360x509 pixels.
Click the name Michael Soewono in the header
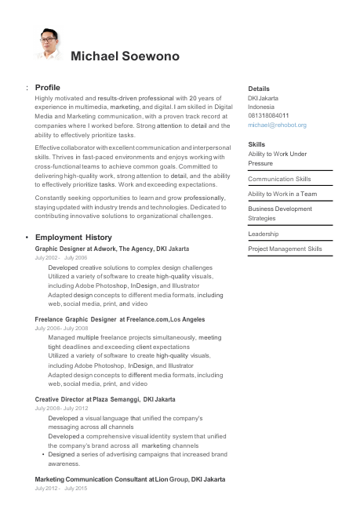[x=125, y=56]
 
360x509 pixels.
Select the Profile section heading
[x=48, y=87]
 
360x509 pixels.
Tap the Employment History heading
[x=74, y=237]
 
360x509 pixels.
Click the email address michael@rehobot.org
[x=277, y=125]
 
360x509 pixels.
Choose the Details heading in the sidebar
[x=259, y=89]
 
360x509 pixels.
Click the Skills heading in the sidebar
[x=256, y=144]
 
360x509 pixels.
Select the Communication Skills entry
[x=279, y=179]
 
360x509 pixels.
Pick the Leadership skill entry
[x=264, y=234]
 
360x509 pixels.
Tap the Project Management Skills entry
[x=285, y=249]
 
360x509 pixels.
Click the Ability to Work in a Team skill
[x=282, y=194]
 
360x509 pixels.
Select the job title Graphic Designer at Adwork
[x=112, y=248]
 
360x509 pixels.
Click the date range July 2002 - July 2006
[x=61, y=257]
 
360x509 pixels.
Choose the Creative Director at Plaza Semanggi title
[x=105, y=399]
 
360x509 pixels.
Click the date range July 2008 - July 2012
[x=61, y=409]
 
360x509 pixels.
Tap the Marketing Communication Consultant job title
[x=130, y=478]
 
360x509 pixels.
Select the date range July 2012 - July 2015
[x=61, y=488]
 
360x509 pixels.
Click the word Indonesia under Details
[x=261, y=107]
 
